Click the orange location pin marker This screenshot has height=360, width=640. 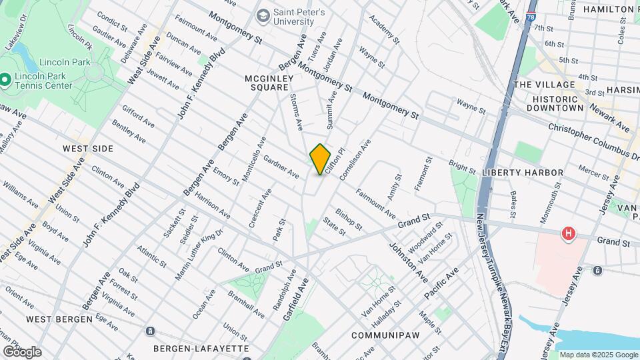pyautogui.click(x=320, y=159)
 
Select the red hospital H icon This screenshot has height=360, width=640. pyautogui.click(x=568, y=233)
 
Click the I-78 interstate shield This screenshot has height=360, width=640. pyautogui.click(x=529, y=18)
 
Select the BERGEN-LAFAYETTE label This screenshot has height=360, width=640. pyautogui.click(x=201, y=348)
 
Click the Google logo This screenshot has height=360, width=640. pyautogui.click(x=21, y=351)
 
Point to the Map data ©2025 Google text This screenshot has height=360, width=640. pyautogui.click(x=598, y=355)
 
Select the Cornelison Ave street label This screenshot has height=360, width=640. pyautogui.click(x=355, y=159)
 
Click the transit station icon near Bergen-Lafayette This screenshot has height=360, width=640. pyautogui.click(x=151, y=331)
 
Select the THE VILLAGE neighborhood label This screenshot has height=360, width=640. pyautogui.click(x=545, y=85)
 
